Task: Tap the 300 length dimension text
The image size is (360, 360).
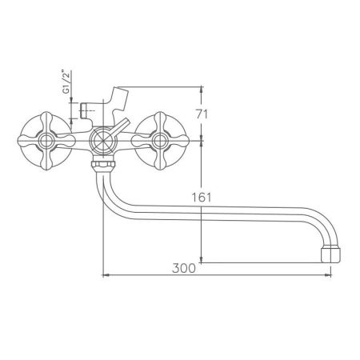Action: coord(182,269)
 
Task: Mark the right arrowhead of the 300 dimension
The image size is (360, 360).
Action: coord(328,277)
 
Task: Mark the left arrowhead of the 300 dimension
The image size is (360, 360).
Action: coord(107,277)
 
